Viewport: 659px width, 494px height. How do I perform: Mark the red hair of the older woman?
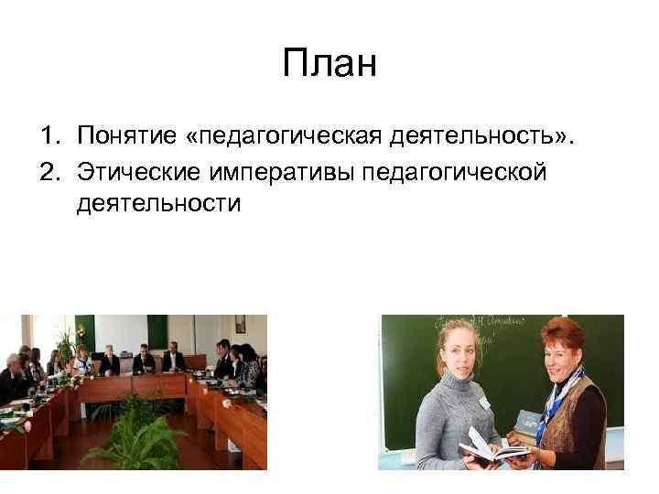click(560, 334)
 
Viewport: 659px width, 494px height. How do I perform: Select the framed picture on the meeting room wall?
click(240, 324)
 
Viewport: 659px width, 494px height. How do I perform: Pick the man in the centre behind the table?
click(144, 359)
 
